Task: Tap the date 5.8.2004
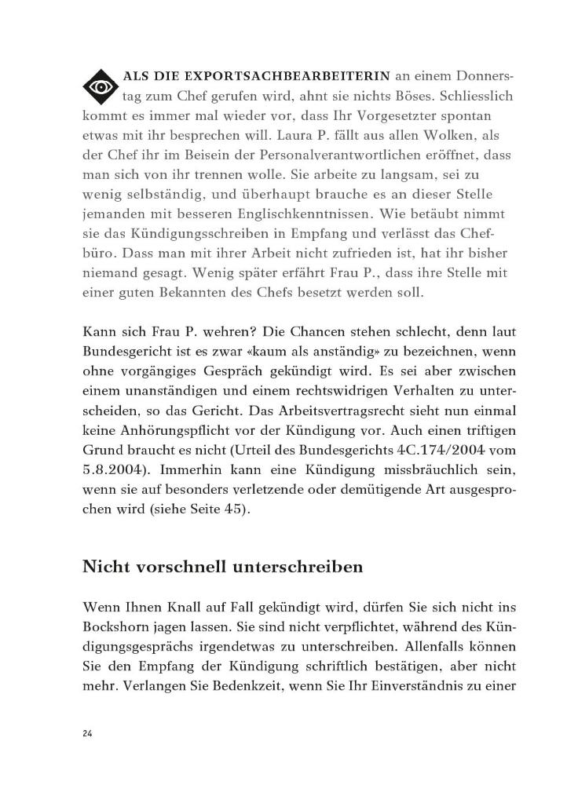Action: tap(112, 476)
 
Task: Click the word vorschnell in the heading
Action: tap(176, 567)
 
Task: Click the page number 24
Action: tap(87, 733)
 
